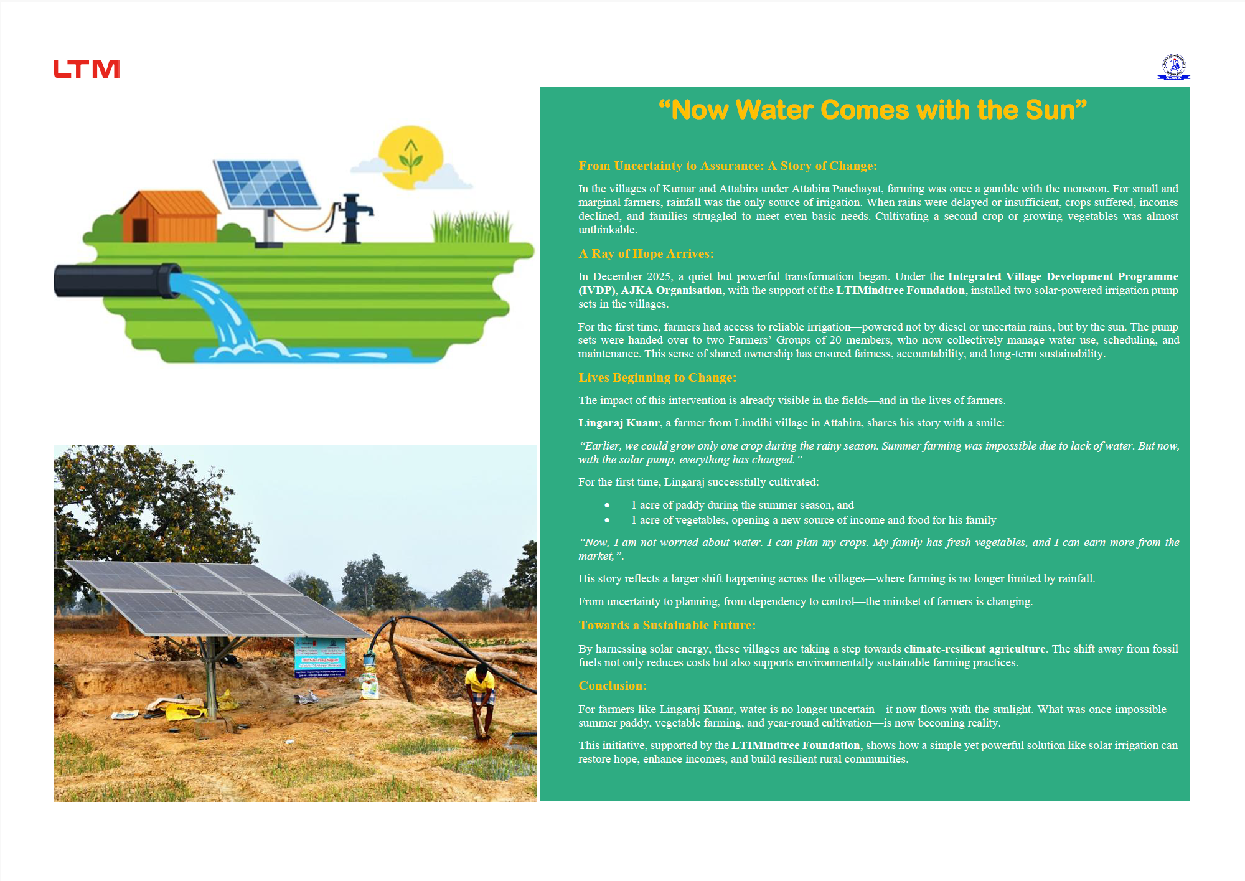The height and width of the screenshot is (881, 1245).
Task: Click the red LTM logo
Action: (x=87, y=69)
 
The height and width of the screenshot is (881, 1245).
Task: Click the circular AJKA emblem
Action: (x=1174, y=66)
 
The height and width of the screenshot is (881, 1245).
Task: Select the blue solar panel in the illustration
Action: (x=266, y=184)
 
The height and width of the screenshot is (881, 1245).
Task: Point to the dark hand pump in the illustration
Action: (x=352, y=218)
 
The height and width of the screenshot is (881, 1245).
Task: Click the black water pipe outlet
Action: (x=117, y=280)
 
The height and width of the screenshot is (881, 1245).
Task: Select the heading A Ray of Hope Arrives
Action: (x=646, y=253)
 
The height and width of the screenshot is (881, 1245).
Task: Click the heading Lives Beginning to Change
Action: (x=657, y=377)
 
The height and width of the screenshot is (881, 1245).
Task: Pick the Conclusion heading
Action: (x=613, y=685)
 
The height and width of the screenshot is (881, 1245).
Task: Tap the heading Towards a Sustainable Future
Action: (x=667, y=625)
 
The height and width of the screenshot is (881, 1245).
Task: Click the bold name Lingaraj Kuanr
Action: (x=619, y=423)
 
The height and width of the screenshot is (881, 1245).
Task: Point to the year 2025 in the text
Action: (x=659, y=276)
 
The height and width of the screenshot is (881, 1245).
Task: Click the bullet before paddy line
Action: (x=607, y=505)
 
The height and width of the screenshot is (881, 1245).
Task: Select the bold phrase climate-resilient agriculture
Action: (x=974, y=649)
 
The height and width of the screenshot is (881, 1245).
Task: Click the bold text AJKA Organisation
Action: (x=672, y=290)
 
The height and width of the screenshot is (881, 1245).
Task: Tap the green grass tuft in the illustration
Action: (x=471, y=227)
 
